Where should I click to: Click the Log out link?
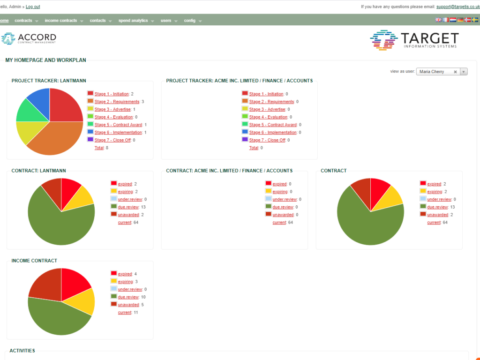33,7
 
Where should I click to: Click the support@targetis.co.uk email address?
457,7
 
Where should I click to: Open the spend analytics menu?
133,21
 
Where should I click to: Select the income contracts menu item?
61,21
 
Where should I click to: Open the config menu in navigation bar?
190,21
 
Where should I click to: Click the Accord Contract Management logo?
29,38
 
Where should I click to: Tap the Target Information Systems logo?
414,40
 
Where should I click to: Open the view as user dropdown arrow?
464,72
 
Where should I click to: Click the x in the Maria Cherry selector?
455,72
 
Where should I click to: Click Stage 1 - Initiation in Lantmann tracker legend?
112,94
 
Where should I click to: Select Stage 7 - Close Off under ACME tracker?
267,140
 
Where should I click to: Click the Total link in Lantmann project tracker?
99,148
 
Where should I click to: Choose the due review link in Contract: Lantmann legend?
128,207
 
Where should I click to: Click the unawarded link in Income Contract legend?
128,305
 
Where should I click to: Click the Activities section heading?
22,351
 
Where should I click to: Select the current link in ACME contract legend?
279,222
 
